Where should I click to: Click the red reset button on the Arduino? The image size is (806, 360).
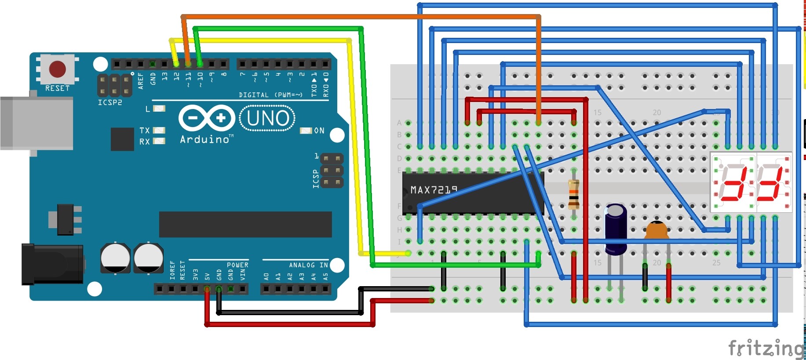57,69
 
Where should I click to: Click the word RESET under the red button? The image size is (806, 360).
57,88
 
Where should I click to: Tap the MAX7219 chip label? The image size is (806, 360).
434,190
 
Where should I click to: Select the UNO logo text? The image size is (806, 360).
267,118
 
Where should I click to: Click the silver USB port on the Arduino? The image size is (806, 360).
37,124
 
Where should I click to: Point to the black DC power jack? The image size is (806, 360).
52,264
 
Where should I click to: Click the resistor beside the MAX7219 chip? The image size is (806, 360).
573,194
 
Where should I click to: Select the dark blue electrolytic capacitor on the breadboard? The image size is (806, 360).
616,229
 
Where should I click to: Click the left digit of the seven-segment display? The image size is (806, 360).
733,182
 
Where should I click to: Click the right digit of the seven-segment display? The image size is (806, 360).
773,182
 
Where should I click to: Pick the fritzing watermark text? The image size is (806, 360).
766,348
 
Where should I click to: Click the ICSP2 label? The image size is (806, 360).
110,102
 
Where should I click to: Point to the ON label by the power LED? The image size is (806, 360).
319,131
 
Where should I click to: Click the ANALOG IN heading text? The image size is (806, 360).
308,265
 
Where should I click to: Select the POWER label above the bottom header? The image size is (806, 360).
237,265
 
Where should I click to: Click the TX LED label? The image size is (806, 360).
144,131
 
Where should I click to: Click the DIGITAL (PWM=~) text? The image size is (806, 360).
270,95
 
